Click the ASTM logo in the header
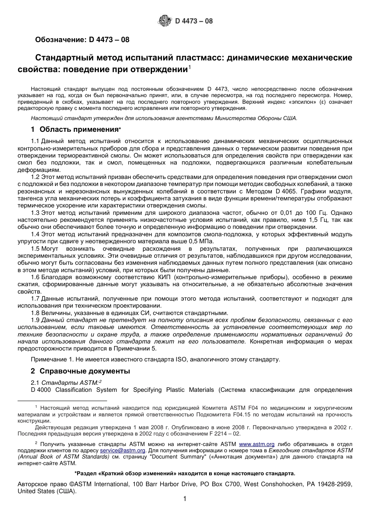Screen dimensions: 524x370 tap(164, 21)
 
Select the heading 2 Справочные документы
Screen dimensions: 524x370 tap(80, 371)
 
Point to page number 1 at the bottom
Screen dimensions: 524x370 tap(185, 499)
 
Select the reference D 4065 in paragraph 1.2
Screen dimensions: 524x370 tap(286, 191)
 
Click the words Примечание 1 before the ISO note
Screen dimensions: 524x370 tap(49, 359)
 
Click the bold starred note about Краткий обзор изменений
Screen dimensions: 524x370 tap(185, 474)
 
